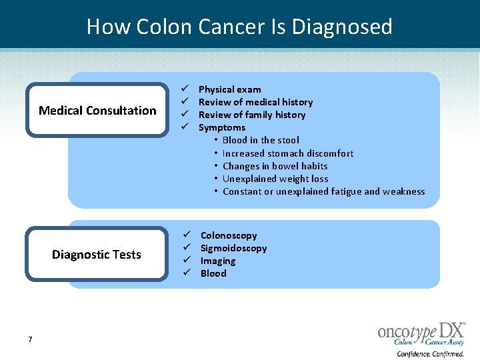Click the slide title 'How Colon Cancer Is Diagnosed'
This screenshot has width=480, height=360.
(x=239, y=27)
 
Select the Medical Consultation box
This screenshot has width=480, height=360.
(x=97, y=111)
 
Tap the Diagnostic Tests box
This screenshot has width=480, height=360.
(x=97, y=255)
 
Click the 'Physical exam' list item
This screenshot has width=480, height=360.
(x=229, y=89)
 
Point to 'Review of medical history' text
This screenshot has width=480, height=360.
(x=255, y=102)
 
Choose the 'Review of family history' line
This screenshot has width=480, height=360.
(x=251, y=115)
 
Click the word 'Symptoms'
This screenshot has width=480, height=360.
(x=221, y=127)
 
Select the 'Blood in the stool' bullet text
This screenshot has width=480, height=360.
(x=260, y=140)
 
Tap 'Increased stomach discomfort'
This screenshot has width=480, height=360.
(x=287, y=153)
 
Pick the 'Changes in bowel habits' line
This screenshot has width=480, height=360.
(x=275, y=166)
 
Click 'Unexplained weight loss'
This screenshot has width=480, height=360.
(x=275, y=179)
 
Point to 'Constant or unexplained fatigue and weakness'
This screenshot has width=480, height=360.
(x=323, y=191)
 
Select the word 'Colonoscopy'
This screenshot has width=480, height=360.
(x=228, y=235)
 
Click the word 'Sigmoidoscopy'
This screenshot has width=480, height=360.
(x=233, y=248)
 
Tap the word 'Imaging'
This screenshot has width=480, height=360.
(x=217, y=261)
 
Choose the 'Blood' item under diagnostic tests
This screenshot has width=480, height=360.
(x=213, y=273)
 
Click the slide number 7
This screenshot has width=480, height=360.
(x=30, y=340)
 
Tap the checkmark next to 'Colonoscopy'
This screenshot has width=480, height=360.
(x=188, y=235)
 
